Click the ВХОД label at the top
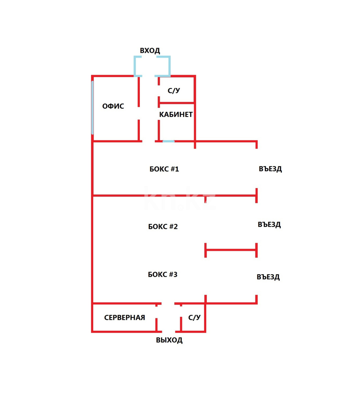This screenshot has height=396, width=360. click(x=150, y=51)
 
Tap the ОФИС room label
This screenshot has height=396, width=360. click(x=113, y=106)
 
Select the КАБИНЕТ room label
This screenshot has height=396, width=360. click(x=176, y=114)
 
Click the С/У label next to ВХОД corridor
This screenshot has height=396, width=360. click(x=174, y=91)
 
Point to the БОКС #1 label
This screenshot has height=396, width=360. click(x=164, y=169)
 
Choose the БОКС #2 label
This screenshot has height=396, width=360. click(x=163, y=227)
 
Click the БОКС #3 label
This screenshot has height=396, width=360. click(x=163, y=274)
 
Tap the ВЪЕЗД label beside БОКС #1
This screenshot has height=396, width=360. click(x=270, y=169)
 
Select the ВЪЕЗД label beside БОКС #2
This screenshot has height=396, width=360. click(x=269, y=225)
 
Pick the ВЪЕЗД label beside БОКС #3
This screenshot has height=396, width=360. click(x=268, y=277)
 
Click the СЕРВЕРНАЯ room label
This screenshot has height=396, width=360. click(x=124, y=318)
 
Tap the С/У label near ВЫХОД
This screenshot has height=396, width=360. click(x=194, y=318)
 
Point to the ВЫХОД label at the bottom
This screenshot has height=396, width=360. click(x=169, y=340)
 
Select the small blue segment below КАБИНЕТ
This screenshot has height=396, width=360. click(x=168, y=141)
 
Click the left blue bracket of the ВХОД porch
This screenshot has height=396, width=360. click(x=136, y=66)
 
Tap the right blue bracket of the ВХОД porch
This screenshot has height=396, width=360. click(x=167, y=66)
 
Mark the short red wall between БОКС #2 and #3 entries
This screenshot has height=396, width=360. click(x=230, y=250)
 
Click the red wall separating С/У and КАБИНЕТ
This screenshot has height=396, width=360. click(x=176, y=103)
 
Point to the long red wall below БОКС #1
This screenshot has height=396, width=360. click(x=174, y=196)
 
